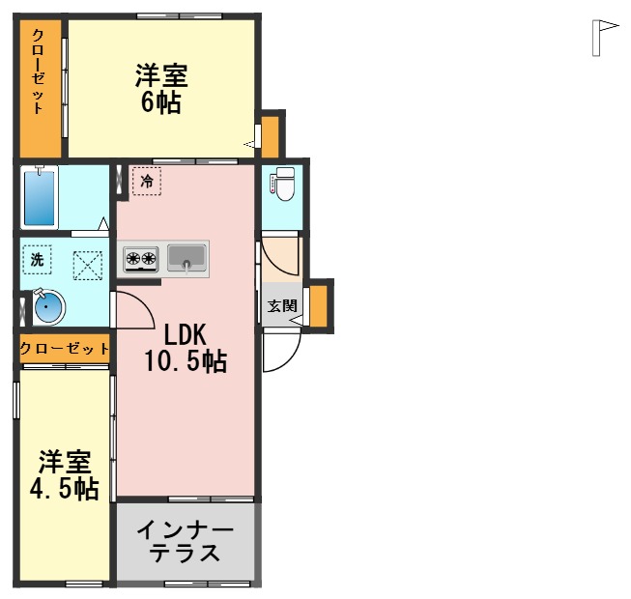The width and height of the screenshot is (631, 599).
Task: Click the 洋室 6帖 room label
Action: coord(160,88)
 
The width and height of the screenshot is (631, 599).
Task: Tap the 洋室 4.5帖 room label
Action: coord(64,474)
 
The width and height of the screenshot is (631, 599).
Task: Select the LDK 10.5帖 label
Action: coord(186,348)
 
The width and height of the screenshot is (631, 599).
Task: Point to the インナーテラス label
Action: coord(185,543)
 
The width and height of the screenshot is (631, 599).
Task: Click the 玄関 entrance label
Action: coord(282,306)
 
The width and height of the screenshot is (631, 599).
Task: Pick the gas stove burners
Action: coord(141,258)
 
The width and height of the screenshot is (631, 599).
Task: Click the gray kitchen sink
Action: coord(186,257)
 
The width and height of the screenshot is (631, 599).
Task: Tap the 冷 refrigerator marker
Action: coord(147,180)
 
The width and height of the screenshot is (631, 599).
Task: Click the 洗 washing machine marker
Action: coord(37,259)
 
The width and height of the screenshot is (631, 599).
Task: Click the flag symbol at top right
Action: coord(604,37)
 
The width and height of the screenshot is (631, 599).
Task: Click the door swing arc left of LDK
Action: coord(133,308)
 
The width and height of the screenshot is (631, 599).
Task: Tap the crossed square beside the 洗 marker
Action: coord(88,264)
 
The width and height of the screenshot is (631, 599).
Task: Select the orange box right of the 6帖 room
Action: coord(272,134)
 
